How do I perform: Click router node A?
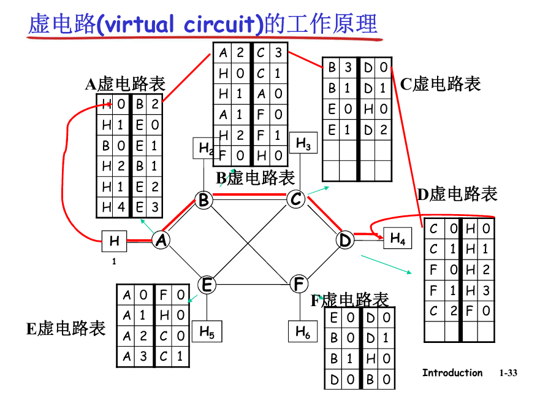pyautogui.click(x=161, y=240)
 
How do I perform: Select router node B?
pyautogui.click(x=203, y=199)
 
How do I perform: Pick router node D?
pyautogui.click(x=345, y=240)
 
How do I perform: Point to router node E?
pyautogui.click(x=207, y=285)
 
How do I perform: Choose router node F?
pyautogui.click(x=299, y=284)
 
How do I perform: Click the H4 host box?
pyautogui.click(x=398, y=238)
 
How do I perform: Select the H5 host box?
pyautogui.click(x=207, y=332)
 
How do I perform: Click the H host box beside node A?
pyautogui.click(x=115, y=241)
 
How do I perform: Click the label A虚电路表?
pyautogui.click(x=125, y=85)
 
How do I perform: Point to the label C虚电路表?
pyautogui.click(x=441, y=83)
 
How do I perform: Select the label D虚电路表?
pyautogui.click(x=457, y=195)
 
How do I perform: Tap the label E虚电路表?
pyautogui.click(x=66, y=328)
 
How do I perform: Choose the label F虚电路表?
pyautogui.click(x=349, y=300)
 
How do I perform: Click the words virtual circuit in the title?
pyautogui.click(x=180, y=25)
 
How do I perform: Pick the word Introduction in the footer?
pyautogui.click(x=452, y=372)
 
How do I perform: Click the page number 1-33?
pyautogui.click(x=508, y=372)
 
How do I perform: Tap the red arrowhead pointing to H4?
pyautogui.click(x=375, y=234)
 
